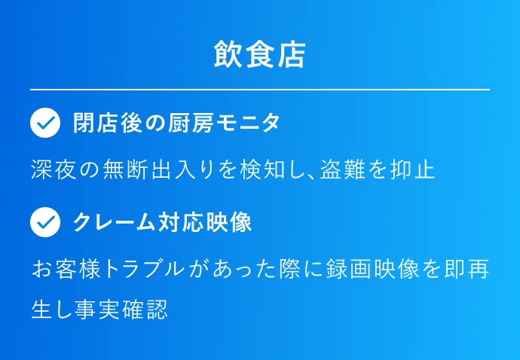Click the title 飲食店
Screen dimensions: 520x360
260,55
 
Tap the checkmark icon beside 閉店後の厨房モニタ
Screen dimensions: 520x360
45,123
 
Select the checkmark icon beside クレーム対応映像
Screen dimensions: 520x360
45,222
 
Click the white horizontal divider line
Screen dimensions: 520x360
260,90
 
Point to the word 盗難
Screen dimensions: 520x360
343,169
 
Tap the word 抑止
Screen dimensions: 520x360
412,169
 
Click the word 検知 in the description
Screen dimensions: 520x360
263,169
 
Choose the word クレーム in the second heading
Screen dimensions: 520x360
114,222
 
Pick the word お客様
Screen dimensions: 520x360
66,269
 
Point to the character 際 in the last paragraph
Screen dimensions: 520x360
290,269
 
